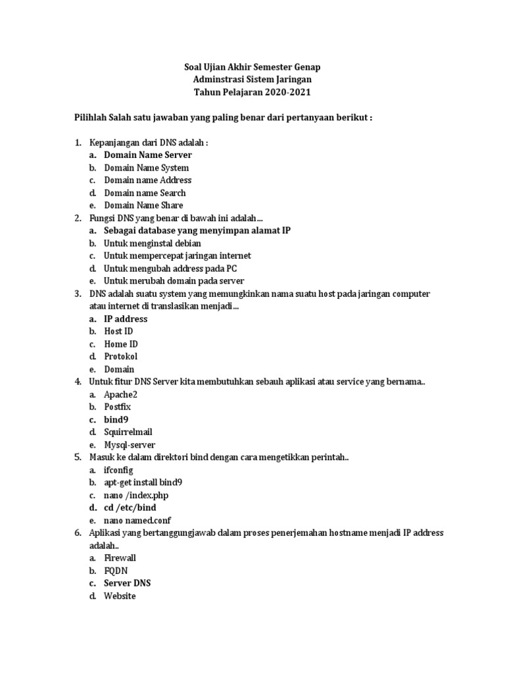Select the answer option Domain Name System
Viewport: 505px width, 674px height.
[147, 168]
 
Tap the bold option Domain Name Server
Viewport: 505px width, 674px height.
[148, 155]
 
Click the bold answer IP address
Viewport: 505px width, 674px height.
[126, 319]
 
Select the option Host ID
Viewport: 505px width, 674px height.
[118, 331]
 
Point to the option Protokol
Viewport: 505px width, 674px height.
[121, 356]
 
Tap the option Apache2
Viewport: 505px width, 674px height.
[121, 394]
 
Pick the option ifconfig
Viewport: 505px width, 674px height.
[118, 470]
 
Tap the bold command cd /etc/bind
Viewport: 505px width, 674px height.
[130, 507]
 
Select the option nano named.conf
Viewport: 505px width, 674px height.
[136, 521]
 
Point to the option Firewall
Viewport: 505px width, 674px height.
[120, 558]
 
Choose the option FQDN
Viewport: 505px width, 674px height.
[116, 571]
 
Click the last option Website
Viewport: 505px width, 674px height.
[120, 596]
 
